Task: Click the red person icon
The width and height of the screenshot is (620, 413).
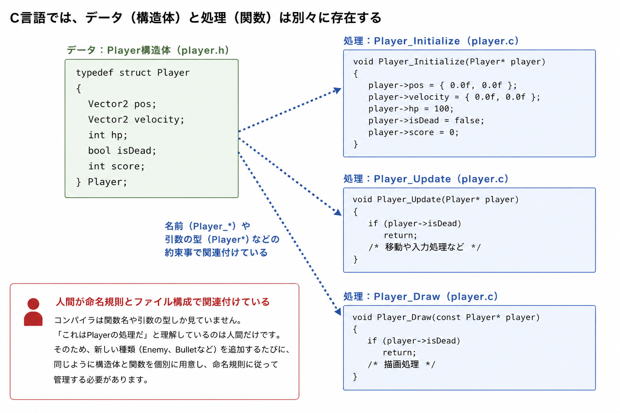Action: coord(33,312)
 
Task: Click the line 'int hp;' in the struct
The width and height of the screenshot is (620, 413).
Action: coord(108,135)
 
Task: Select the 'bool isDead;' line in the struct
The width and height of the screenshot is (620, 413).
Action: coord(122,150)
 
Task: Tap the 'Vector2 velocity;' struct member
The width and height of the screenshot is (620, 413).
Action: coord(136,119)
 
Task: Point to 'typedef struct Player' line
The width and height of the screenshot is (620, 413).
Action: coord(133,73)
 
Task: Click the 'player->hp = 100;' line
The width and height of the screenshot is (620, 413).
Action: coord(411,109)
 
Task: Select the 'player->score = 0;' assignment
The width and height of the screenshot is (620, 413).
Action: coord(413,132)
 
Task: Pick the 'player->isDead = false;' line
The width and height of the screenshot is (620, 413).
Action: coord(426,121)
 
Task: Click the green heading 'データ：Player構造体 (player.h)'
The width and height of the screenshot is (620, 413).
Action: coord(148,50)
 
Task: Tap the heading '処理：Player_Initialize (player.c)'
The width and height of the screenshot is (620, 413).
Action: coord(431,41)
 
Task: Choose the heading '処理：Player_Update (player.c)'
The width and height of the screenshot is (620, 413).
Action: coord(426,179)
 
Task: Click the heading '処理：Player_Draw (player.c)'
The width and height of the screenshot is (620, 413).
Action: coord(421,296)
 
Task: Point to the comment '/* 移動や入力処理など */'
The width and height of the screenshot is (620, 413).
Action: coord(425,247)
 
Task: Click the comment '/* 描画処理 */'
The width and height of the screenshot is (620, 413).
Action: coord(401,365)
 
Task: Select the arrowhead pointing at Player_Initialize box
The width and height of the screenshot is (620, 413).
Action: coord(337,90)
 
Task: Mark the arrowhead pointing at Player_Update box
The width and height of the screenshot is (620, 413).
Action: coord(338,212)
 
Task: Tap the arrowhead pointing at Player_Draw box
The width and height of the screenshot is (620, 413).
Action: coord(338,311)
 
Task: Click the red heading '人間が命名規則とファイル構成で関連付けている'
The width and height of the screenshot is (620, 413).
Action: coord(163,302)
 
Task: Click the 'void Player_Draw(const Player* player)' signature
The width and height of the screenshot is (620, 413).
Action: coord(446,317)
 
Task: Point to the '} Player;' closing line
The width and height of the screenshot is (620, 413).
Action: coord(102,182)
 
